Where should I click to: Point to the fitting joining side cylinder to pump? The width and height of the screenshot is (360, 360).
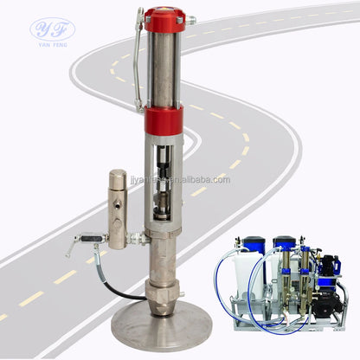[x=136, y=236]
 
